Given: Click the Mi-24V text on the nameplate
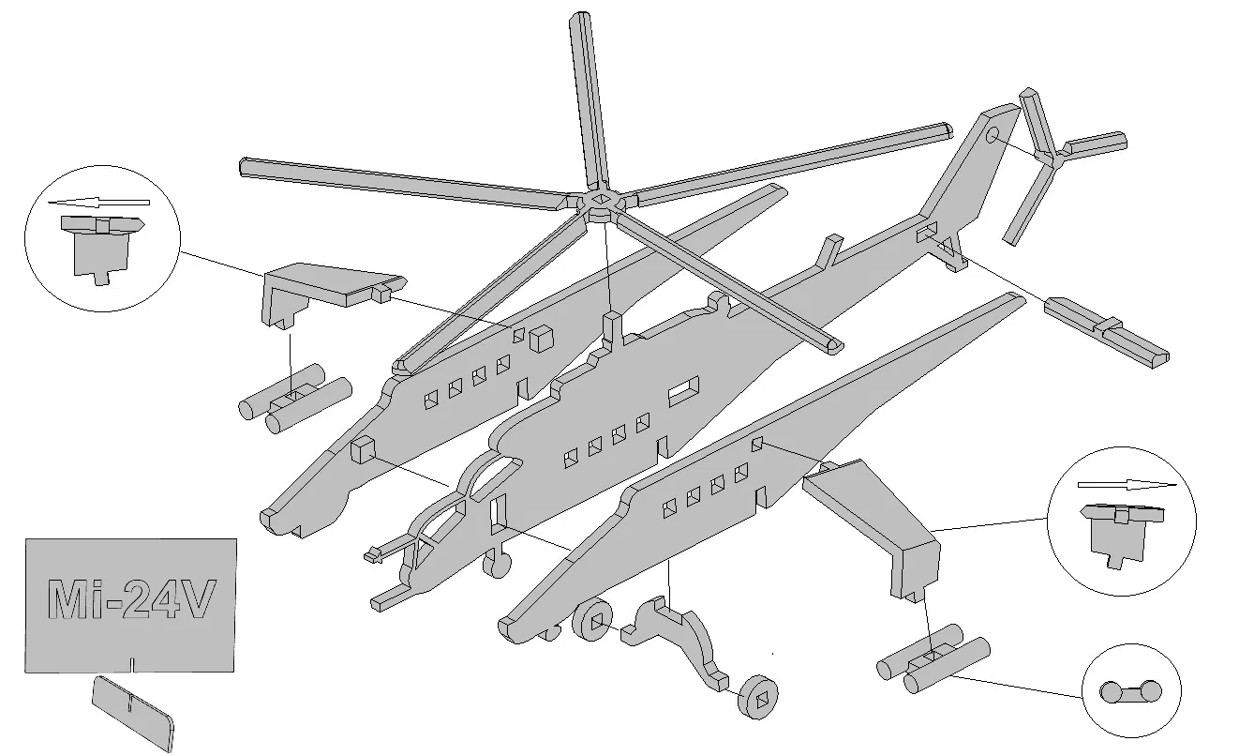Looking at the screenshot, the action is tap(130, 598).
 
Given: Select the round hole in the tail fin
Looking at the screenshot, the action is tap(993, 134).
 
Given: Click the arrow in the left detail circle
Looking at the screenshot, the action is tap(98, 202).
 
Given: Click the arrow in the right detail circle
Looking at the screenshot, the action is tap(1127, 485).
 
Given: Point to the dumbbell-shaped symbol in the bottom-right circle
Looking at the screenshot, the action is tap(1130, 691).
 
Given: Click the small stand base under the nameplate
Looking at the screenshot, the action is tap(133, 712).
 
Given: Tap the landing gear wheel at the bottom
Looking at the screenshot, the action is tap(757, 697).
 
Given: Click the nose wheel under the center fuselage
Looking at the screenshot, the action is tap(497, 564).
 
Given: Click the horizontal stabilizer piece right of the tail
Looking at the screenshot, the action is tap(1107, 332).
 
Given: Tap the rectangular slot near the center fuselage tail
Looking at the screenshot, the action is tap(683, 391).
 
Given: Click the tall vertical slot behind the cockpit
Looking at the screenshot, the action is tap(498, 514).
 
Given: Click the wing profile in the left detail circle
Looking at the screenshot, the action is tap(102, 249).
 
